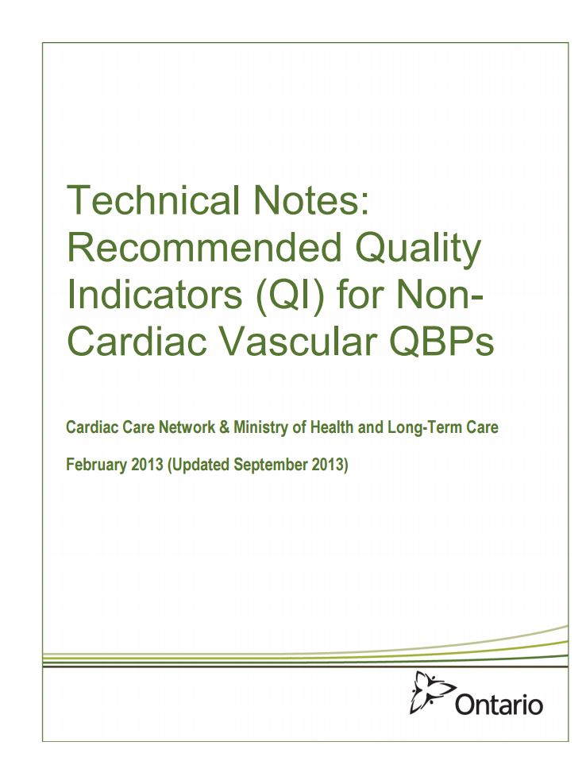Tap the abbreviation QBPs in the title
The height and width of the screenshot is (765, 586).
(x=441, y=342)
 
